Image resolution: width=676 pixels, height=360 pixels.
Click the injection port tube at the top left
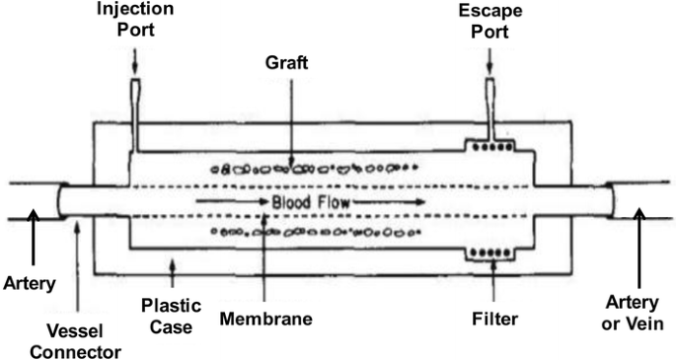[x=135, y=104]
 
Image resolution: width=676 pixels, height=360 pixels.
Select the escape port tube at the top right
[x=490, y=104]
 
